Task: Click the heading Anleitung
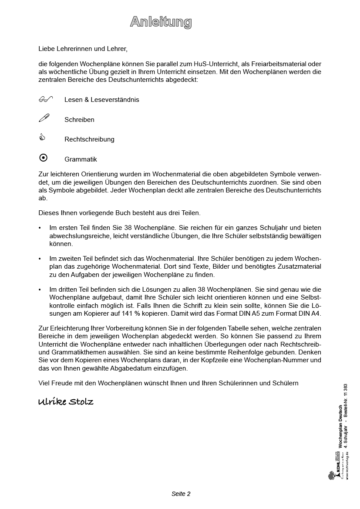coord(161,22)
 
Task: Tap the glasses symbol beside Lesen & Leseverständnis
coord(45,99)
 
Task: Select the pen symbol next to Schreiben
coord(44,118)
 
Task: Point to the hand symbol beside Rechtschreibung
coord(42,138)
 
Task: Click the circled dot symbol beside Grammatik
coord(43,158)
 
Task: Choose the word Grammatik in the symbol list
coord(81,159)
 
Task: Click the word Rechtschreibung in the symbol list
coord(89,139)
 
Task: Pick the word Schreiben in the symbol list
coord(79,120)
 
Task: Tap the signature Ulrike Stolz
coord(66,401)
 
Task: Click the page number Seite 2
coord(181,494)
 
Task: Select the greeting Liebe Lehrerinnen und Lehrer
coord(83,49)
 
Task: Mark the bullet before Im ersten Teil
coord(40,228)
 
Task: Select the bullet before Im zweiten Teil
coord(40,259)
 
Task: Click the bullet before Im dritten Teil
coord(40,290)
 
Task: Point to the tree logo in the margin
coord(331,475)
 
